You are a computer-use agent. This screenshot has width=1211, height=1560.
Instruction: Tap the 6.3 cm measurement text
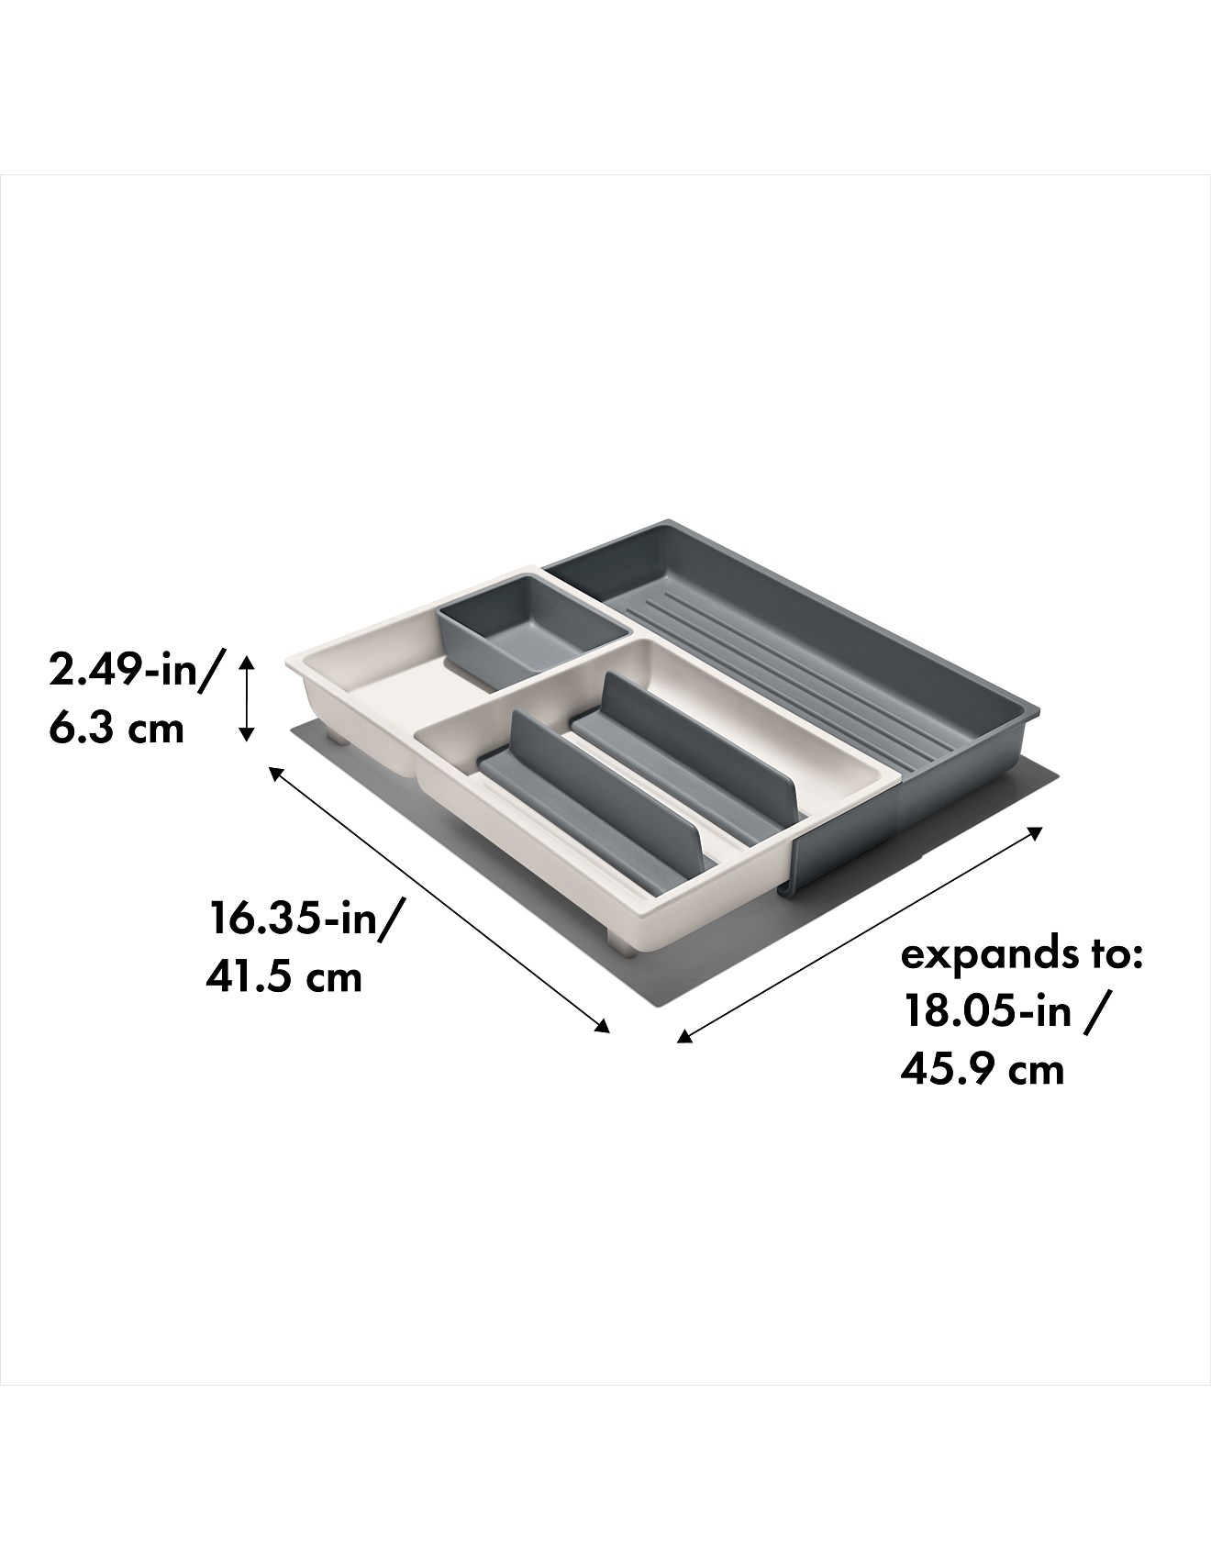(x=117, y=728)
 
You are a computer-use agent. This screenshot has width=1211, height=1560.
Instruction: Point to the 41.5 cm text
(x=284, y=975)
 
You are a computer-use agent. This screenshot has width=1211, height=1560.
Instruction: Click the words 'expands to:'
(x=1021, y=955)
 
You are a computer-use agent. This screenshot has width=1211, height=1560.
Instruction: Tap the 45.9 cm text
(x=982, y=1069)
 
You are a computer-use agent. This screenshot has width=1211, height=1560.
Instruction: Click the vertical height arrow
(x=245, y=697)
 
